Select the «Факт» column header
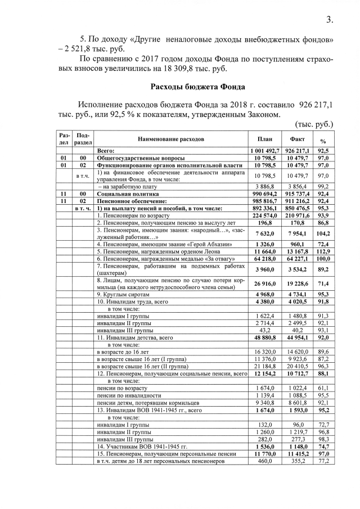[297, 139]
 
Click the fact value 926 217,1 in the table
[297, 151]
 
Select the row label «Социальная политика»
[127, 193]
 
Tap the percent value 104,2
[323, 233]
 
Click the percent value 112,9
[323, 251]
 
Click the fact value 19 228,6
[297, 282]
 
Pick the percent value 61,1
[323, 388]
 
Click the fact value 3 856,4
[297, 186]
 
